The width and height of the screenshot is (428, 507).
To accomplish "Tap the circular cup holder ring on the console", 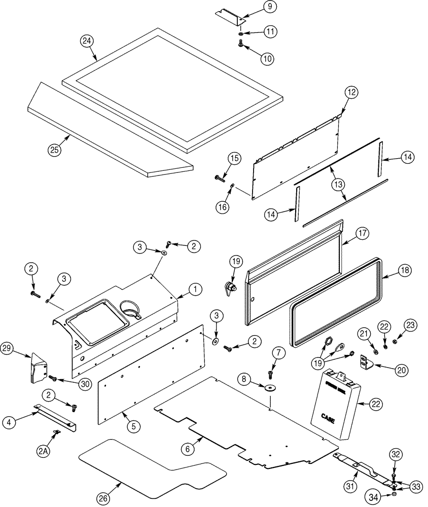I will [x=131, y=307].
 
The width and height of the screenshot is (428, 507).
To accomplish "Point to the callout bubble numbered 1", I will [x=196, y=289].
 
